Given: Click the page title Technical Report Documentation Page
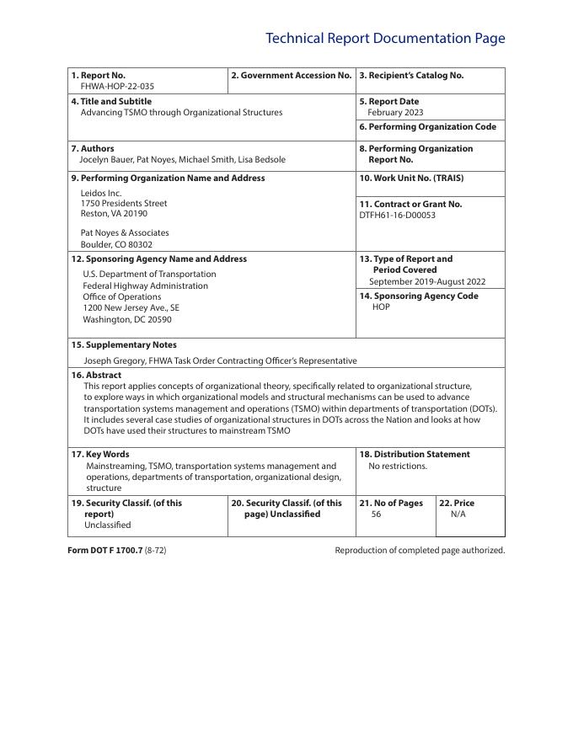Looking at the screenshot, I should [385, 39].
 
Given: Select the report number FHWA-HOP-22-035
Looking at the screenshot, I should [117, 86].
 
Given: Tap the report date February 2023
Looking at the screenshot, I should [395, 112].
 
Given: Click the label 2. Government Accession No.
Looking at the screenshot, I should [292, 75].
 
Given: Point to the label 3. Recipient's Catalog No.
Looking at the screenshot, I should [411, 75].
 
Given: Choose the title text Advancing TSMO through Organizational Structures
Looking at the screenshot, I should [181, 112].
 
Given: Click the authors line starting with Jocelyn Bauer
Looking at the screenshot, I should [182, 159].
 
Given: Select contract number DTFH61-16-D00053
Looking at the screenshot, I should [398, 215].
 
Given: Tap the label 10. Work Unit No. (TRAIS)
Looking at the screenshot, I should [411, 178].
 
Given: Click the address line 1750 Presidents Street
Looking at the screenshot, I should [124, 203].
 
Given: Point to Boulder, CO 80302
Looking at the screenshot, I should [116, 244].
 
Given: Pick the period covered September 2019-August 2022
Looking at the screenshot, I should [426, 281].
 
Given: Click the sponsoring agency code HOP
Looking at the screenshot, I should [381, 307].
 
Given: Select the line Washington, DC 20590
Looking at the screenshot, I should [126, 319].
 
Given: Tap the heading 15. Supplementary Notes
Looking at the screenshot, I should [124, 344].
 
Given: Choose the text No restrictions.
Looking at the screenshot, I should [398, 466].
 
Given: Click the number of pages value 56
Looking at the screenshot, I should [376, 514].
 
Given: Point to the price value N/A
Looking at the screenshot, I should [458, 514].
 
